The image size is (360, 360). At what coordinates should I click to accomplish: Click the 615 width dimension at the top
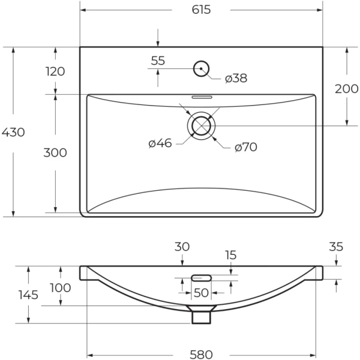coord(202,10)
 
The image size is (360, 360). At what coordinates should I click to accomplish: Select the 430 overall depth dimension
coord(13,132)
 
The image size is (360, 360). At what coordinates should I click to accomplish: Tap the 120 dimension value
coord(55,71)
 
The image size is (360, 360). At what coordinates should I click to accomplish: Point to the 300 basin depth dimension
coord(55,152)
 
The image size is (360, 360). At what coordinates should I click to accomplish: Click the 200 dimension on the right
coord(346,89)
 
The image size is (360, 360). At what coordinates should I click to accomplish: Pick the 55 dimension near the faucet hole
coord(158,60)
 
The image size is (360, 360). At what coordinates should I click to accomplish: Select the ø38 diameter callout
coord(236,78)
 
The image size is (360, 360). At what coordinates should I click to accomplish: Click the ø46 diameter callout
coord(160,143)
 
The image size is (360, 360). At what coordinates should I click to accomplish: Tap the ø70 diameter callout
coord(245,147)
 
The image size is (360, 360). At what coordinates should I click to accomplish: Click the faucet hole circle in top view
coord(201,68)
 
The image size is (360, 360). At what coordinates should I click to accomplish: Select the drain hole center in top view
coord(202,126)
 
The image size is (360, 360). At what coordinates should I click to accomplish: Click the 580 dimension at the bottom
coord(202,354)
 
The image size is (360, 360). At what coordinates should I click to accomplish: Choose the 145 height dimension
coord(28,295)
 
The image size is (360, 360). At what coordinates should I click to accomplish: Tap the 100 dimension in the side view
coord(61,287)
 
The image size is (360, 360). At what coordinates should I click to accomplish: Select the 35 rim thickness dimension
coord(336,246)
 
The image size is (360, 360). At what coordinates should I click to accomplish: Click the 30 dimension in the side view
coord(182,247)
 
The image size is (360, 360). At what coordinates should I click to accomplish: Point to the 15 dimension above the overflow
coord(231,255)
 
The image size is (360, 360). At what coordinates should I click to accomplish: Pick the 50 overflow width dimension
coord(201,292)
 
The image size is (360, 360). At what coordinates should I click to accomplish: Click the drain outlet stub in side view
coord(202,314)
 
